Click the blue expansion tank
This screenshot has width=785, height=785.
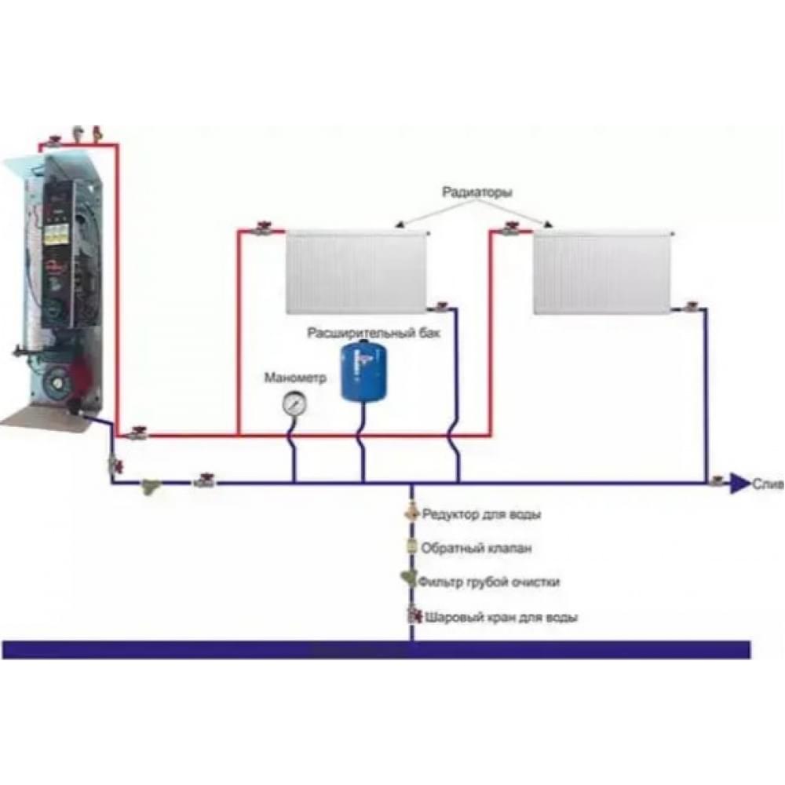click(x=363, y=371)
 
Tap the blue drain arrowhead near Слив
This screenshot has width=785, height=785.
click(x=739, y=484)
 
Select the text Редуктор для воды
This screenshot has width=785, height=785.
click(x=481, y=515)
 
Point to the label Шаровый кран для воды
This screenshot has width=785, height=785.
click(x=502, y=618)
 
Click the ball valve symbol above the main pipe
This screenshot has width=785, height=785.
click(x=412, y=616)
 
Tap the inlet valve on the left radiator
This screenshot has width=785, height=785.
click(x=264, y=230)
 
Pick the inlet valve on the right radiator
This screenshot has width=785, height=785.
click(x=512, y=230)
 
